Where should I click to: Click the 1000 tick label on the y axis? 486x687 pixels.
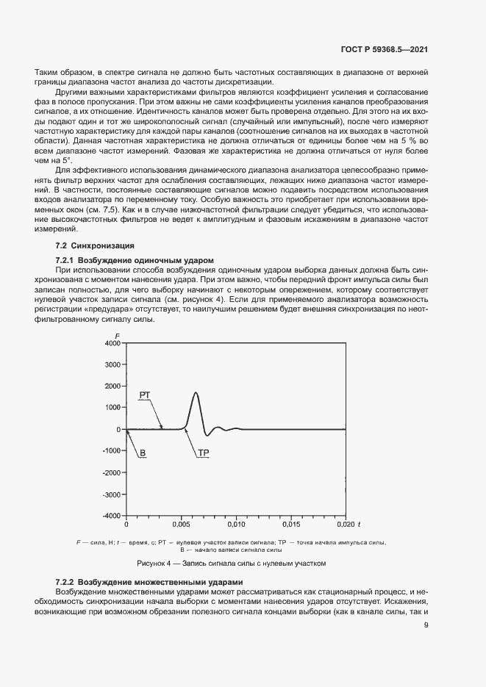112,408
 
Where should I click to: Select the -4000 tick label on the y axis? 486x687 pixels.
110,516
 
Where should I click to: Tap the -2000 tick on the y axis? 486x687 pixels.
110,472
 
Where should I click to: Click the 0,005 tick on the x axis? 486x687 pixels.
181,525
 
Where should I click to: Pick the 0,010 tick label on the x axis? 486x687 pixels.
235,525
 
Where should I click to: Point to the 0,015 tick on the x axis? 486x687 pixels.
290,525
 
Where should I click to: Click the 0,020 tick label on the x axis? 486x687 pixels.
345,525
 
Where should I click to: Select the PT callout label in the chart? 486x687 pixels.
145,395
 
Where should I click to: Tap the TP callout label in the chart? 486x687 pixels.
204,453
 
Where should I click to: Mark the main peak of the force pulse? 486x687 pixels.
196,393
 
